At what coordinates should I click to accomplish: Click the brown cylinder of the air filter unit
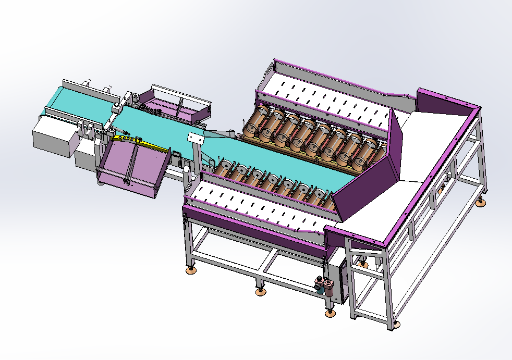click(x=329, y=287)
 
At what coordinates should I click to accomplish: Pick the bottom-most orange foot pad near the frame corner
click(x=330, y=313)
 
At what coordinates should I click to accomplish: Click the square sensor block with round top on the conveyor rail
click(x=116, y=108)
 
